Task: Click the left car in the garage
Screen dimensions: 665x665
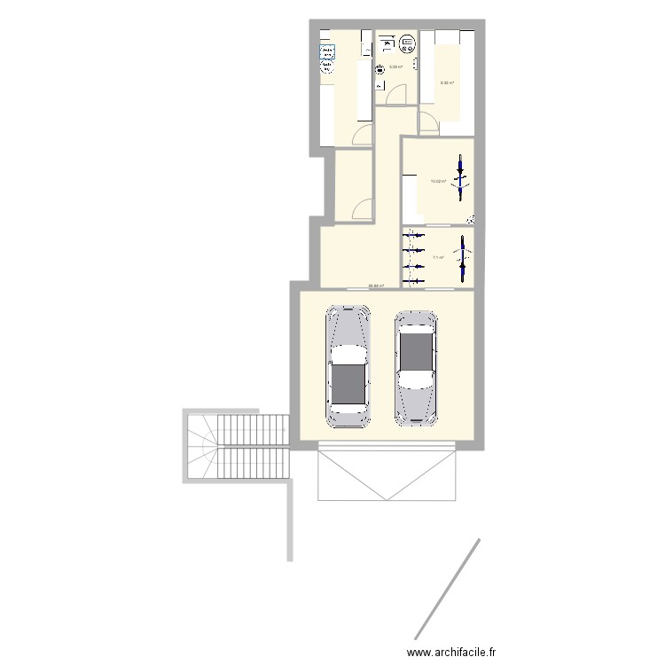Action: (x=349, y=366)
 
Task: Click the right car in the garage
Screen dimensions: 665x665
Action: (x=416, y=365)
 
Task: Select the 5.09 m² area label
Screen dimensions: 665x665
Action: (x=395, y=66)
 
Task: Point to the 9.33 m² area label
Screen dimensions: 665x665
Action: (x=447, y=83)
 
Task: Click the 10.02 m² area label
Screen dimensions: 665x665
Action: (x=438, y=182)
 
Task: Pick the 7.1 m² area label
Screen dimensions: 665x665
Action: (x=438, y=258)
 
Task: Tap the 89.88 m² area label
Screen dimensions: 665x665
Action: (x=376, y=286)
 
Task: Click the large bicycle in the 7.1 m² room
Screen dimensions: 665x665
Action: (x=460, y=258)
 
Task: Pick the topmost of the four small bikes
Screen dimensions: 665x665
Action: (x=412, y=235)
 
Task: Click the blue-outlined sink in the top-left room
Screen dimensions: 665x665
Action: (x=325, y=51)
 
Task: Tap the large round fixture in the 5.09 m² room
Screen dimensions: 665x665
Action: (x=407, y=41)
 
